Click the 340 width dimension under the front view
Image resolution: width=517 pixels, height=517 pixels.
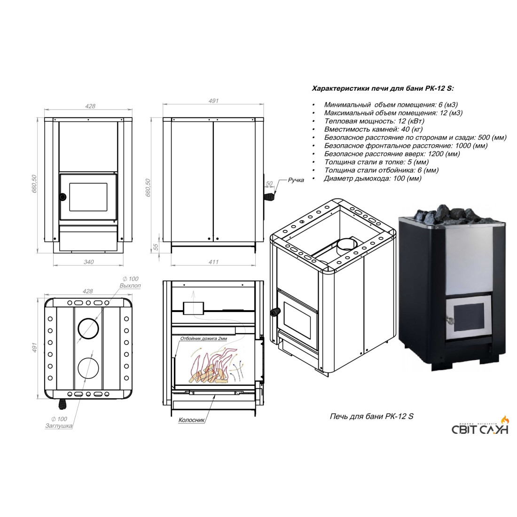(89, 262)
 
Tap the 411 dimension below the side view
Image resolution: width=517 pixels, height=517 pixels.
(213, 262)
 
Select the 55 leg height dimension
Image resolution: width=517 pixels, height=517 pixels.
(156, 247)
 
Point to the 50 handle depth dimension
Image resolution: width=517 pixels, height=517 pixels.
(269, 184)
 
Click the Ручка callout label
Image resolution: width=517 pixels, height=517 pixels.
(296, 180)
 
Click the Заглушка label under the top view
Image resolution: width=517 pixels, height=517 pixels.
(59, 426)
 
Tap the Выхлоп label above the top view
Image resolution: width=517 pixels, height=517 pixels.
(130, 286)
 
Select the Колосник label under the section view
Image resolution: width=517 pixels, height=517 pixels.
(192, 420)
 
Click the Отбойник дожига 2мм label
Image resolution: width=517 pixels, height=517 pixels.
(204, 338)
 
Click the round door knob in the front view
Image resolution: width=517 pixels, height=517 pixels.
(63, 197)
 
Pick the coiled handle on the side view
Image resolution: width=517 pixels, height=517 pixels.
(268, 197)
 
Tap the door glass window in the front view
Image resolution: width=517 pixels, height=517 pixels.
(88, 197)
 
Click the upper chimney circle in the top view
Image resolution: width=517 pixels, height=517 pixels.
(88, 329)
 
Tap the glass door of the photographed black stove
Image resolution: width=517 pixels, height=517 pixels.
(468, 317)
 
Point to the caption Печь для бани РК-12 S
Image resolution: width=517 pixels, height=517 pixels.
(372, 416)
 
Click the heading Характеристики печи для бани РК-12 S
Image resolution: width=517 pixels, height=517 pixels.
(383, 89)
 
